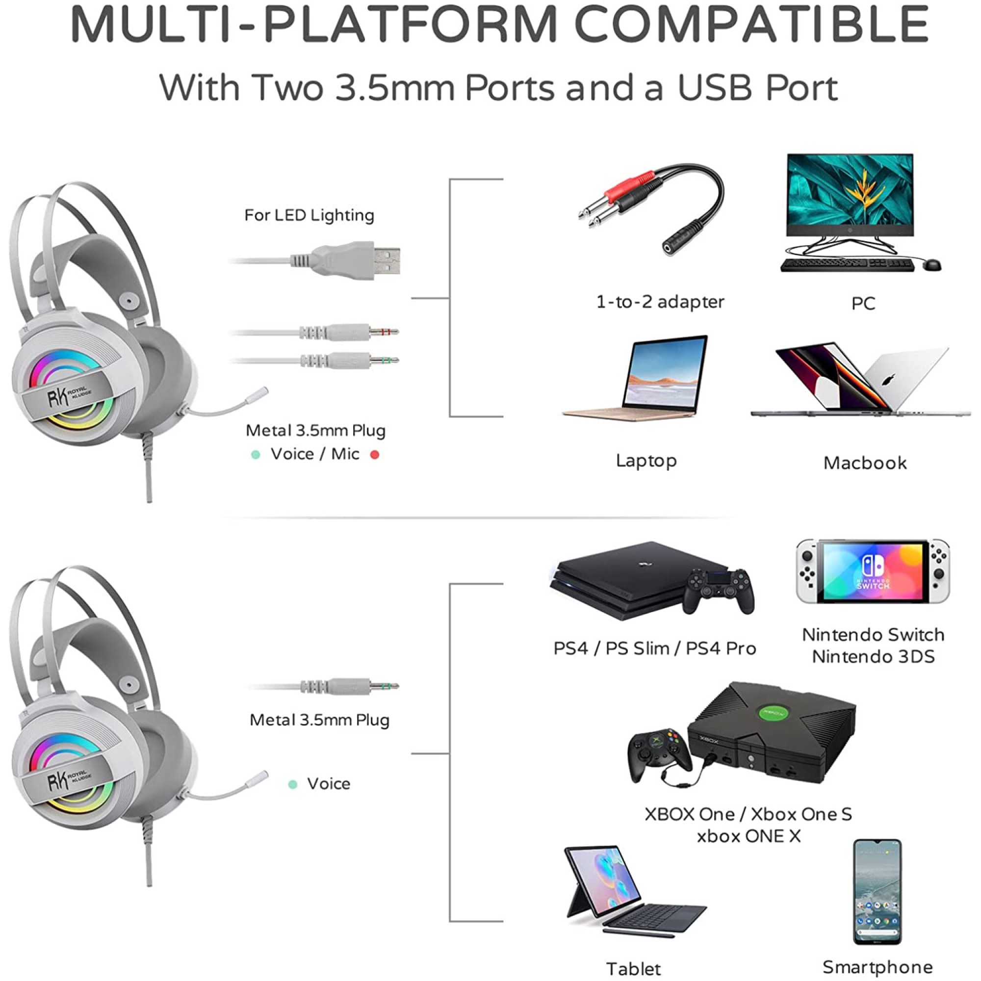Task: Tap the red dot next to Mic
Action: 375,455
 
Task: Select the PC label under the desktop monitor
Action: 863,304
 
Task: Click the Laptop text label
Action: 646,461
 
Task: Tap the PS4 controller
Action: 718,591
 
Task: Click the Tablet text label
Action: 634,969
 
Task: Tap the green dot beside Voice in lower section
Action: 292,784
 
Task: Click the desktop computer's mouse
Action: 931,264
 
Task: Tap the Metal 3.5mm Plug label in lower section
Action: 319,720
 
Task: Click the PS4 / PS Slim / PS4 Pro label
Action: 654,648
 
